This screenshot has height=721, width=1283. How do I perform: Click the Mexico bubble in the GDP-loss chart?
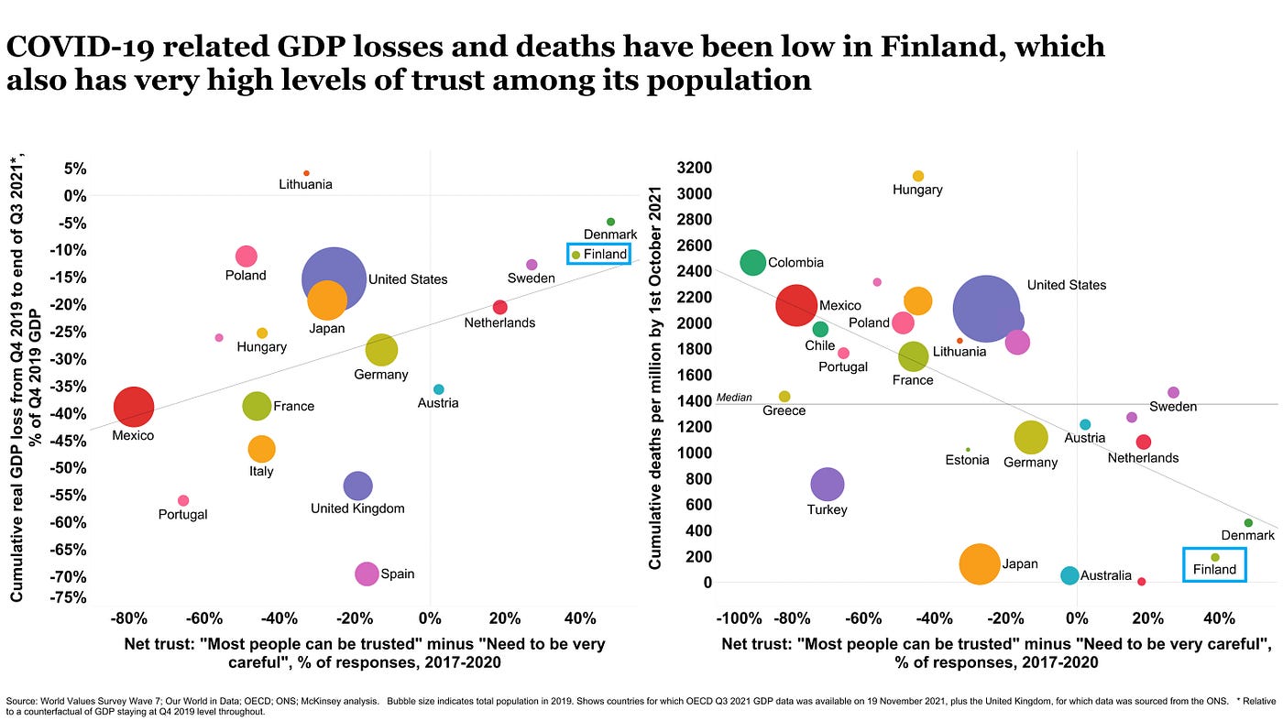tap(134, 407)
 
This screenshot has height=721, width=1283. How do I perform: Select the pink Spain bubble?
tap(367, 574)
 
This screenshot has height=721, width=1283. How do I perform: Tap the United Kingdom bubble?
tap(357, 486)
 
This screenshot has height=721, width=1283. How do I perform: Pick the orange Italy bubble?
tap(261, 449)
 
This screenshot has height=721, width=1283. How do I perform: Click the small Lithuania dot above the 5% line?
tap(306, 173)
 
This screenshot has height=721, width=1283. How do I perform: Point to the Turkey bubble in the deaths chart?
tap(828, 484)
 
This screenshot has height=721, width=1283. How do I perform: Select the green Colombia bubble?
tap(752, 263)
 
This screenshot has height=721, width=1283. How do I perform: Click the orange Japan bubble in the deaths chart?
tap(980, 563)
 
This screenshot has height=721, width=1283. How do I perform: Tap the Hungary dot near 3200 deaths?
tap(918, 176)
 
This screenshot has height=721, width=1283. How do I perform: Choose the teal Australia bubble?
tap(1069, 575)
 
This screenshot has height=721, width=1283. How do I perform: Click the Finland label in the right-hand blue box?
tap(1214, 570)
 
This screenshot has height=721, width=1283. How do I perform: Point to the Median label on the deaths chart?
tap(733, 398)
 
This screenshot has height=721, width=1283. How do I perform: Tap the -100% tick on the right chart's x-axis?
tap(740, 618)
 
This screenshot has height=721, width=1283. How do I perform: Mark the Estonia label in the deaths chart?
tap(967, 460)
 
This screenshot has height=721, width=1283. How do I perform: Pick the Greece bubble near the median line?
tap(784, 397)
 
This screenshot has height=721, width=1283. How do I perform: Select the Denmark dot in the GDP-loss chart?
tap(610, 222)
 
